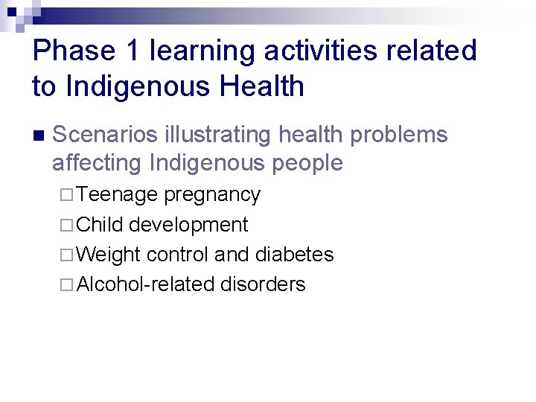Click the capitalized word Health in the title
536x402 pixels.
[259, 87]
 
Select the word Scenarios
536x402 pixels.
[104, 135]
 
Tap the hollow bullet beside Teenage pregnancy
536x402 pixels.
[66, 195]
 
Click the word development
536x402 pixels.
[188, 226]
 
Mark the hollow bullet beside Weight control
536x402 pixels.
[66, 255]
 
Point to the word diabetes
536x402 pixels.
[294, 255]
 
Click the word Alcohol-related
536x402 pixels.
[146, 284]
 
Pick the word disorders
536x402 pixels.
[263, 284]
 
